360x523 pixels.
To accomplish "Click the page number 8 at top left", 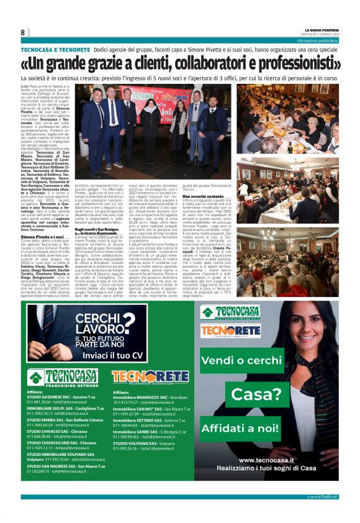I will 23,32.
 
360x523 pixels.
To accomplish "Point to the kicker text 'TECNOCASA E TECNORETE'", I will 55,48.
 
